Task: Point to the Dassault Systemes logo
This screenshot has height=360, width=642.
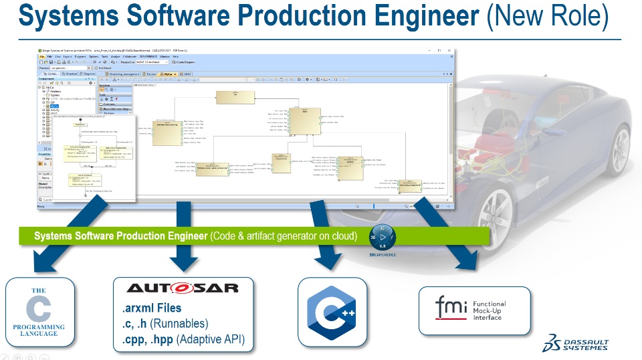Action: [576, 343]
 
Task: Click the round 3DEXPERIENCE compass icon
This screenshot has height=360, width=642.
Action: [383, 238]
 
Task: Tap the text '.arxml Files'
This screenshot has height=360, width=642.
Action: [152, 308]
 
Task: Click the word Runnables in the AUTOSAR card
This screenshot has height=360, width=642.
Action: [189, 324]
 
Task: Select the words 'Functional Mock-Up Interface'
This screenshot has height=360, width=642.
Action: [489, 310]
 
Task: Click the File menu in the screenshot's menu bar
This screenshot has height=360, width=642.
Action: [41, 56]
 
